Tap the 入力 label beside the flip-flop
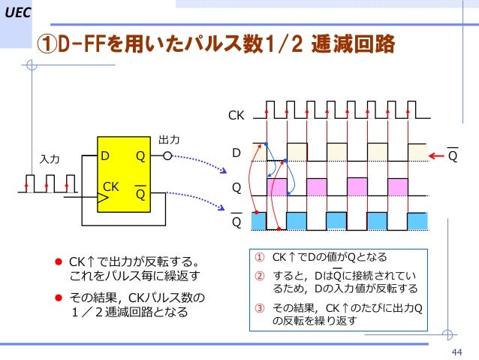click(x=50, y=159)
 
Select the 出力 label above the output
click(x=168, y=140)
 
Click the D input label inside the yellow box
click(x=107, y=156)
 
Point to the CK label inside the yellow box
click(x=111, y=185)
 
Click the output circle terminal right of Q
click(x=168, y=156)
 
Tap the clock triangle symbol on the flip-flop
click(x=102, y=198)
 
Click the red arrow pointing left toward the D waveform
click(x=437, y=156)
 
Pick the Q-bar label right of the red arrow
click(x=453, y=156)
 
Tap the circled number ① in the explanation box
click(x=260, y=257)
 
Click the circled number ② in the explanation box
click(x=260, y=275)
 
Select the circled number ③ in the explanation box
click(x=260, y=307)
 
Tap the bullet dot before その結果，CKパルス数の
click(x=56, y=298)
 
